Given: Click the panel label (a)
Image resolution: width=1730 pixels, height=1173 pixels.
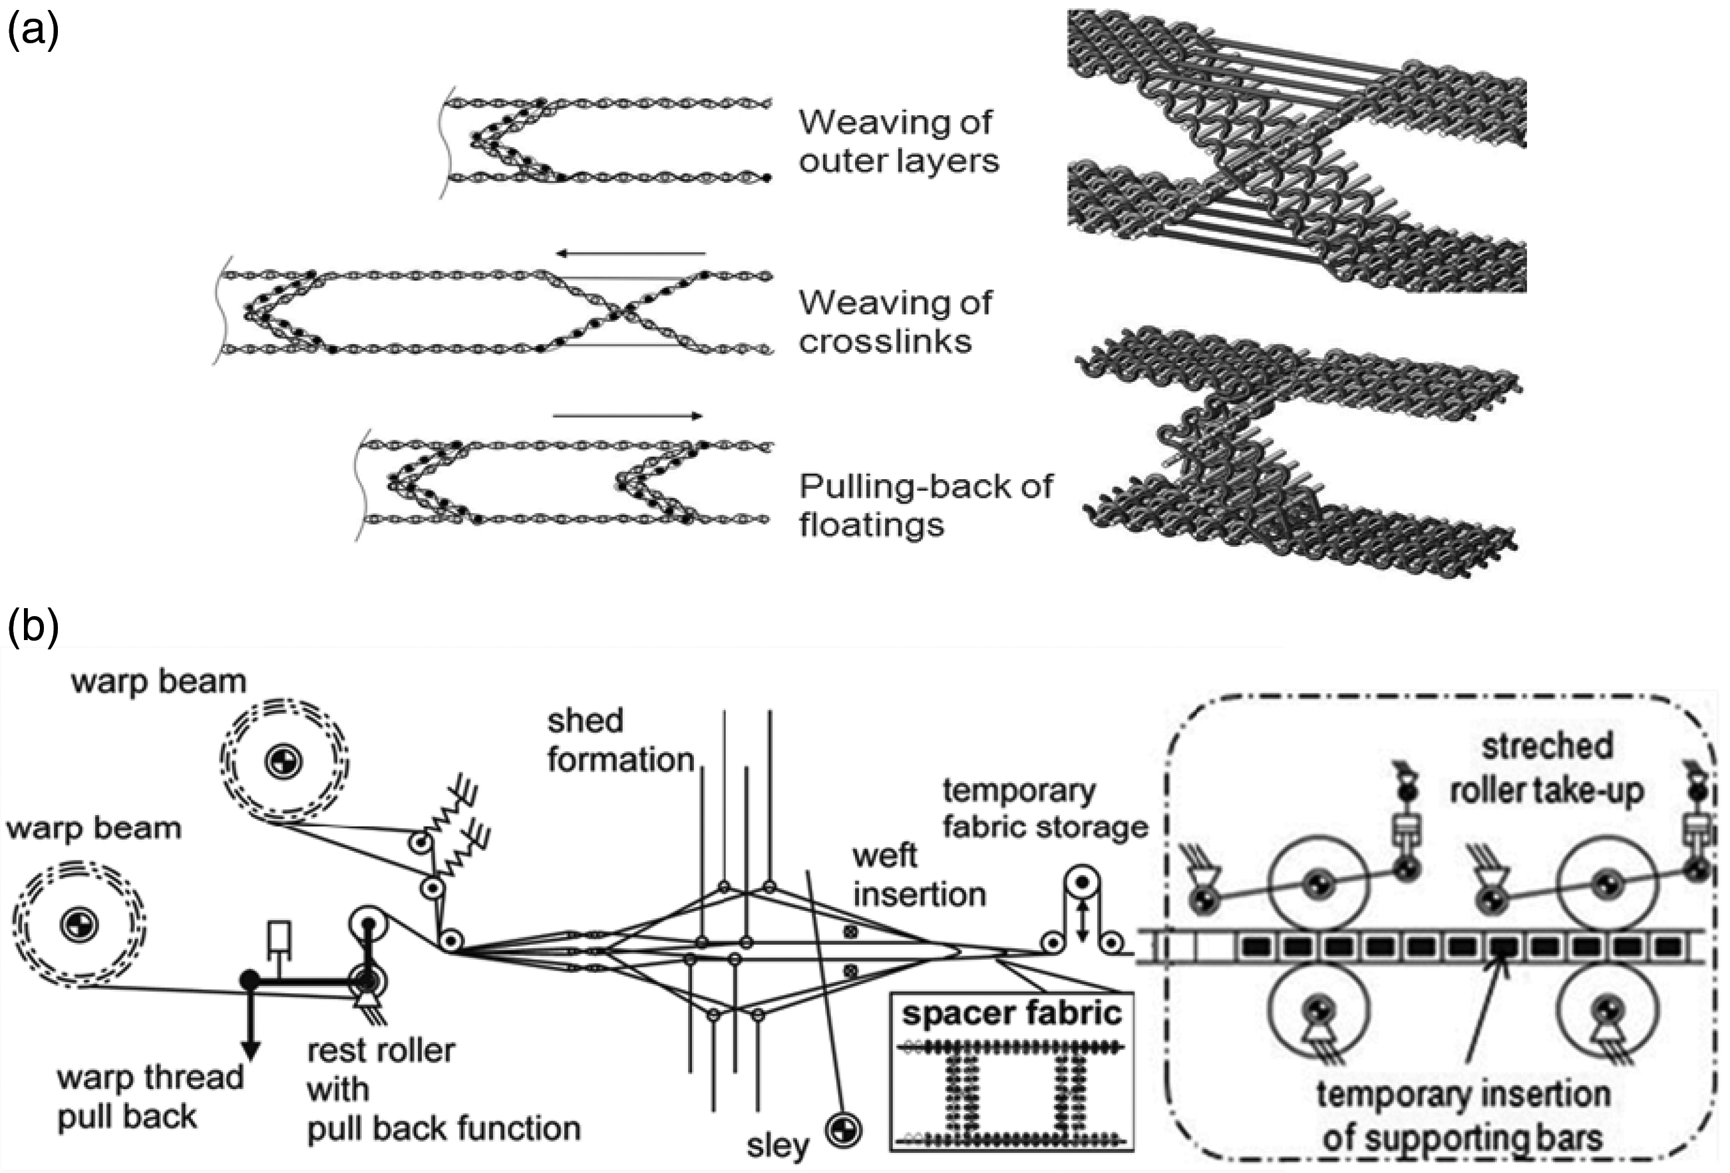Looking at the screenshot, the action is tap(33, 31).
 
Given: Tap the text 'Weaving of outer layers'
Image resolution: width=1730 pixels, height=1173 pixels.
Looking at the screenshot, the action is tap(898, 142).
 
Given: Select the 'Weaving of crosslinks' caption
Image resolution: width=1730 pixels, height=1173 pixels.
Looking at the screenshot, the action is tap(895, 321).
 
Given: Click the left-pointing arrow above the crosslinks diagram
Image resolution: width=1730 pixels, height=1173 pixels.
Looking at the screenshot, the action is tap(631, 253).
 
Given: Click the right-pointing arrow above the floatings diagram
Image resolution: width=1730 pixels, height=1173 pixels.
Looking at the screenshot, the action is tap(627, 416).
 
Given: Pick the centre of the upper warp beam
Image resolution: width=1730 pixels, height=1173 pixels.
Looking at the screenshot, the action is tap(283, 760).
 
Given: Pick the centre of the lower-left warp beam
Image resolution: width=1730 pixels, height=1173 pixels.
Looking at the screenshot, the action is tap(78, 925).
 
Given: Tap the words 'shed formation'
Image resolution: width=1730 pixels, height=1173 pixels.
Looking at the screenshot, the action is tap(621, 740).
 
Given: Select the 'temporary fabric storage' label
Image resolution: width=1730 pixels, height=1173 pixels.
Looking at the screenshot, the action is tap(1045, 808).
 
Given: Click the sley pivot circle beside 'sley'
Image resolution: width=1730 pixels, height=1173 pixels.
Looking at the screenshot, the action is tap(844, 1130).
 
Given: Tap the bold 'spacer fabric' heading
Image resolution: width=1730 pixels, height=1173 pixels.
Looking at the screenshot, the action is tap(1011, 1013).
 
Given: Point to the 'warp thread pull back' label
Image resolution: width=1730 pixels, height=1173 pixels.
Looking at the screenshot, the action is tap(150, 1096).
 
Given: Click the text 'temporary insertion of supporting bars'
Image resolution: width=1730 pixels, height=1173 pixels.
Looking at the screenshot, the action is tap(1463, 1116).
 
